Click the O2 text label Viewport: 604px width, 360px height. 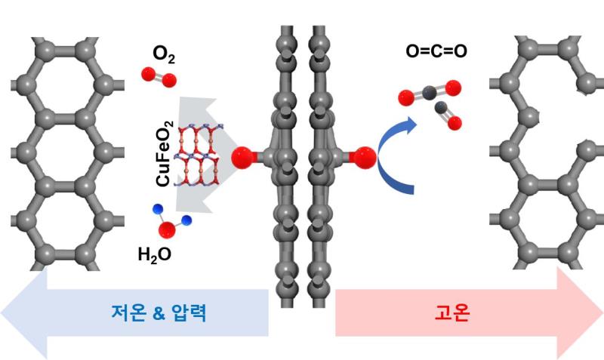(x=164, y=54)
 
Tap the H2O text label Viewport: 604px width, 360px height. (x=155, y=255)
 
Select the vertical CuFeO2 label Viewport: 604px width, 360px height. (x=165, y=154)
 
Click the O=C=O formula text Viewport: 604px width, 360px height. (x=436, y=51)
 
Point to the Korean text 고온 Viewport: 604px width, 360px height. (x=452, y=312)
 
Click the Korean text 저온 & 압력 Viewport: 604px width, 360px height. (x=159, y=312)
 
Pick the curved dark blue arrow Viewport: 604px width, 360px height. (x=397, y=156)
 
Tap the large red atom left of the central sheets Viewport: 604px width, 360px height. (x=243, y=158)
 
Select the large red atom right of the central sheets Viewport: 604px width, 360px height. (x=365, y=158)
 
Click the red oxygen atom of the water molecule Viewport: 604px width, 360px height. (x=167, y=230)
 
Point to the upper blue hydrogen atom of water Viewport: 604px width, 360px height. (x=158, y=209)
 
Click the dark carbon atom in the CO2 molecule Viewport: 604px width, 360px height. (x=429, y=92)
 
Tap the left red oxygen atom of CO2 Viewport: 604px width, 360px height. (x=406, y=98)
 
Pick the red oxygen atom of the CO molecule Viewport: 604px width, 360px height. (x=455, y=123)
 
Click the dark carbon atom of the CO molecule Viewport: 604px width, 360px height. (x=441, y=108)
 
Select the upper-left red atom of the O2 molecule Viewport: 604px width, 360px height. (x=148, y=74)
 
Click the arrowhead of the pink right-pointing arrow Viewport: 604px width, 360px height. (x=580, y=312)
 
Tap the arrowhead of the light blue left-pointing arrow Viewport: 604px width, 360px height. (x=24, y=312)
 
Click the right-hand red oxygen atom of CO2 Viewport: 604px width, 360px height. (x=453, y=88)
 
